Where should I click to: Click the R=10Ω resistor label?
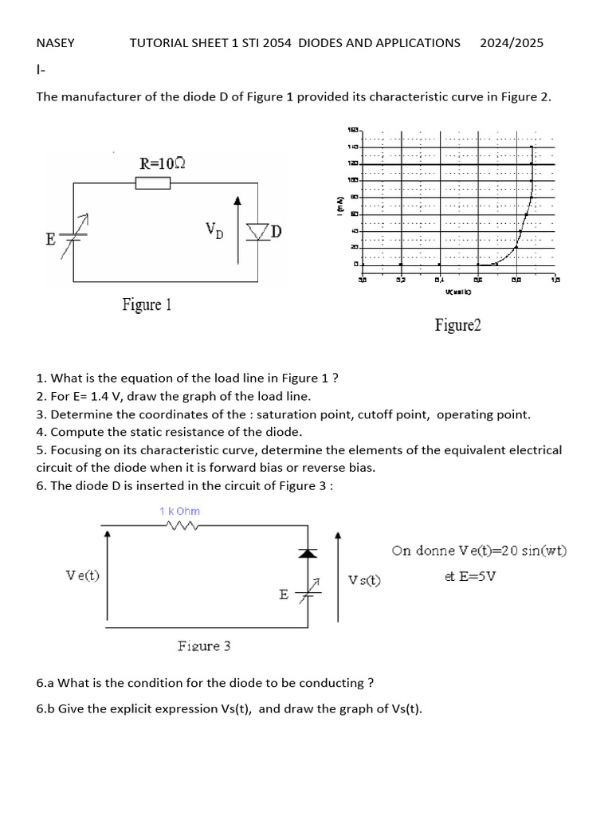[163, 163]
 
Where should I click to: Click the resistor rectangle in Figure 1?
[153, 184]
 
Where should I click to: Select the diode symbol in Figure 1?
[257, 232]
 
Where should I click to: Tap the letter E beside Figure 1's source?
[51, 239]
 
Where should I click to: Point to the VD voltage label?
[214, 229]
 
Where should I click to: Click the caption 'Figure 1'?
[147, 304]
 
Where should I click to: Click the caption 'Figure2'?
[457, 324]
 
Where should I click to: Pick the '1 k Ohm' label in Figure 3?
[179, 511]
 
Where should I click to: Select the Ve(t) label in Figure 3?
[83, 575]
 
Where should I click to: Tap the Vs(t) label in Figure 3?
[365, 580]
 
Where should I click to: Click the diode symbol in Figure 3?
[308, 551]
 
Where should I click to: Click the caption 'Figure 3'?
[204, 646]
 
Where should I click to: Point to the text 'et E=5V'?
[470, 575]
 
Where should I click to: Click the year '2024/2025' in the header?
[512, 43]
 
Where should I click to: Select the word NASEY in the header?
[55, 43]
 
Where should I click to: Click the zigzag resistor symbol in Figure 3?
[182, 524]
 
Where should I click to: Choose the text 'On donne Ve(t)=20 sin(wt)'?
[480, 551]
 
